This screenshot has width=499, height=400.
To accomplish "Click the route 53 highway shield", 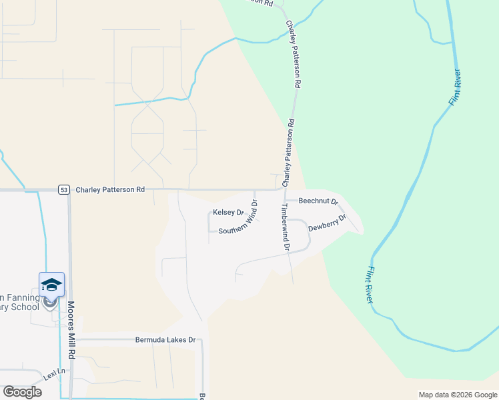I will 63,189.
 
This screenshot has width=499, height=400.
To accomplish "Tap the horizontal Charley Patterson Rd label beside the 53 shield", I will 110,189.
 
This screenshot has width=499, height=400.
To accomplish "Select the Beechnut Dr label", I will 318,201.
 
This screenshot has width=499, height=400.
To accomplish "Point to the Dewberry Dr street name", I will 328,223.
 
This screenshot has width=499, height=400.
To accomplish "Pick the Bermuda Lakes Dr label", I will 165,339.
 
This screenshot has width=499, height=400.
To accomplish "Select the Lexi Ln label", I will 55,372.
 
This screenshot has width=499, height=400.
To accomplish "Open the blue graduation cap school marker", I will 51,285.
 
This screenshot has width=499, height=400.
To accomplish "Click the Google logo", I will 22,392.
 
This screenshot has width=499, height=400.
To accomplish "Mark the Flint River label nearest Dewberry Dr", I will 369,284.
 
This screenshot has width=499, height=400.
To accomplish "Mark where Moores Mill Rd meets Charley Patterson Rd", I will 70,189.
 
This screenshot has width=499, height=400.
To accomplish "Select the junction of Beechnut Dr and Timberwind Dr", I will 286,201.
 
